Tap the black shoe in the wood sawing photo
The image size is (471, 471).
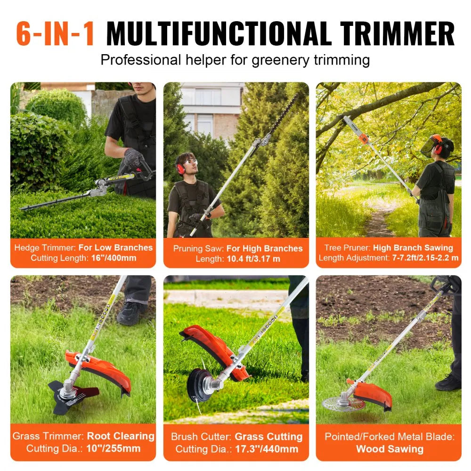[448, 382]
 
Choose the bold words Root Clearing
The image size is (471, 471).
[121, 436]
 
